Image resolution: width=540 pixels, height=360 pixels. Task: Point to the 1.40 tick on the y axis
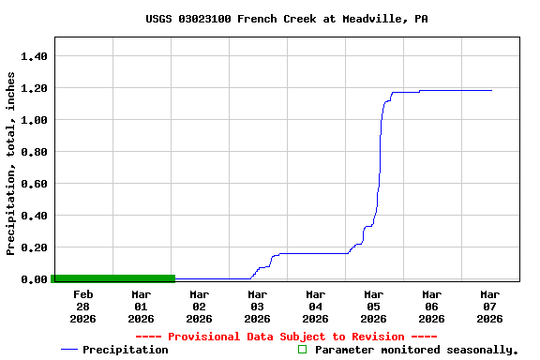coord(34,56)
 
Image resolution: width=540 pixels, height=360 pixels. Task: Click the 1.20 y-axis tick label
coord(34,88)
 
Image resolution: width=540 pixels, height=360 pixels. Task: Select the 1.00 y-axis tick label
coord(34,120)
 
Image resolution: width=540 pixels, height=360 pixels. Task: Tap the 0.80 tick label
coord(34,152)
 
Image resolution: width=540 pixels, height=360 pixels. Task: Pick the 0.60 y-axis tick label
coord(34,184)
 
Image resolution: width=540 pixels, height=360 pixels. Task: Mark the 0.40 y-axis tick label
coord(34,216)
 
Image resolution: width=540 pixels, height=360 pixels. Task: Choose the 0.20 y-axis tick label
coord(34,247)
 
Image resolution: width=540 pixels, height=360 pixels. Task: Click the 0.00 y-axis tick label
coord(34,279)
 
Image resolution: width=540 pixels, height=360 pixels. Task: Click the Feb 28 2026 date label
coord(82,307)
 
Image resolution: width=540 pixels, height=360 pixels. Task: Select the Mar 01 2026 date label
coord(141,307)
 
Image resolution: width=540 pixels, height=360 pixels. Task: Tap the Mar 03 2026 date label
coord(257,307)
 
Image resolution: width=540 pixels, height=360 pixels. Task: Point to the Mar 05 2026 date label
coord(373,307)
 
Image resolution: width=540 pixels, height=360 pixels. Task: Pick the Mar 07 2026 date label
coord(489,307)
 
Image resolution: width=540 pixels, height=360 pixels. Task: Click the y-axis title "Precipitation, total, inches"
coord(11,163)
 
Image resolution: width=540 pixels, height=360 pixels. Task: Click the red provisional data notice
coord(286,337)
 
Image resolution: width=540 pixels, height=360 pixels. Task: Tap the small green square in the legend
coord(302,350)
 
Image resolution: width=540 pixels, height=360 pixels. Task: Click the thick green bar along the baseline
coord(113,277)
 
